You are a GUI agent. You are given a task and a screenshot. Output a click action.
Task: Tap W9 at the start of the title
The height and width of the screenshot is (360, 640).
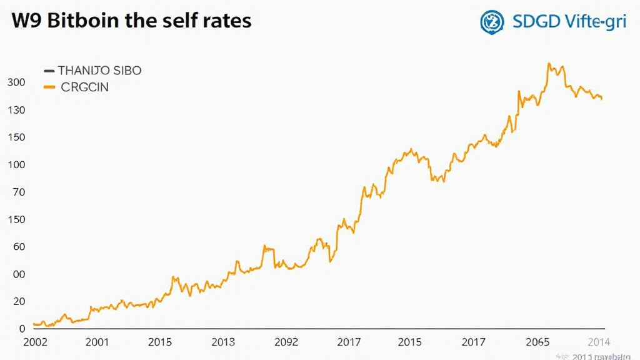point(26,21)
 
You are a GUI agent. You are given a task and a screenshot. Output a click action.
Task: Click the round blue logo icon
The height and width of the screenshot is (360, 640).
point(492,21)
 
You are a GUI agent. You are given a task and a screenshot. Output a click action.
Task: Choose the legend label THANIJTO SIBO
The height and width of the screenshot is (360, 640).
point(100,71)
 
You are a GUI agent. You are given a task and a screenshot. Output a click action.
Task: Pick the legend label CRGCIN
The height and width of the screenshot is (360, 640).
point(85,87)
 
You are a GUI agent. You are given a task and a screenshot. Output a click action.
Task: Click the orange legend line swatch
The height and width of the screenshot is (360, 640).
point(49,87)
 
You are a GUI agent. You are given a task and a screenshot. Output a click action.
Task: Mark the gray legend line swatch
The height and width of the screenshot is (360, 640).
point(49,71)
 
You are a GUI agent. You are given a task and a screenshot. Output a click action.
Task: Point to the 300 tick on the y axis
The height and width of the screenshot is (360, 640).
point(16,82)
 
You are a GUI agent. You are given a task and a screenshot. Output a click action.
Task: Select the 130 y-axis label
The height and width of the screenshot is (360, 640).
point(16,110)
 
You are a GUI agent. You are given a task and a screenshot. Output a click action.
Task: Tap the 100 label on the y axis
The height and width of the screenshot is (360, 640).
point(16,165)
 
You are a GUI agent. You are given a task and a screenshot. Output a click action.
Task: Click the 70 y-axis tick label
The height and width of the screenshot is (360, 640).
point(17,192)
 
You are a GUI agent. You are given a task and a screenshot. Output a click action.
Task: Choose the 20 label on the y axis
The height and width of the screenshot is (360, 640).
point(17,301)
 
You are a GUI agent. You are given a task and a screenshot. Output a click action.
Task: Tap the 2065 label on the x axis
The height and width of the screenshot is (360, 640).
point(537,342)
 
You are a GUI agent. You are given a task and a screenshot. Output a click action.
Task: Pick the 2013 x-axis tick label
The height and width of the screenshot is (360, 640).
point(223,342)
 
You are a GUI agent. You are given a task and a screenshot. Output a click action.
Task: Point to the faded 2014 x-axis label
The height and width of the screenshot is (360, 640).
point(598,342)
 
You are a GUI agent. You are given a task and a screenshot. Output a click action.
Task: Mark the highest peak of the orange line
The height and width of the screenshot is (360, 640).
point(549,63)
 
